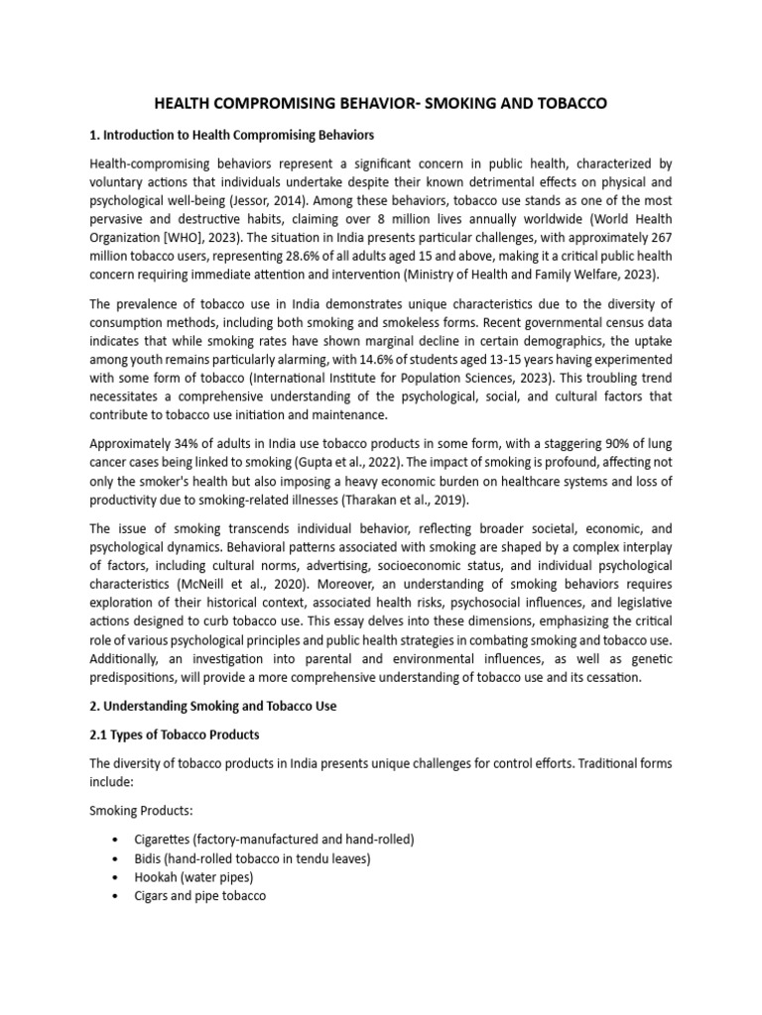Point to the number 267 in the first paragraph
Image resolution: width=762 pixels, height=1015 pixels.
(x=660, y=238)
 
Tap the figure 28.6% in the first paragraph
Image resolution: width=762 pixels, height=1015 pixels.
(x=298, y=257)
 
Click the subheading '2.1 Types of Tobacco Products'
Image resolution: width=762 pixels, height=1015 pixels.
(x=175, y=735)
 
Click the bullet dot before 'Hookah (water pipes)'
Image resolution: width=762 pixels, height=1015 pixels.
(x=119, y=877)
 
